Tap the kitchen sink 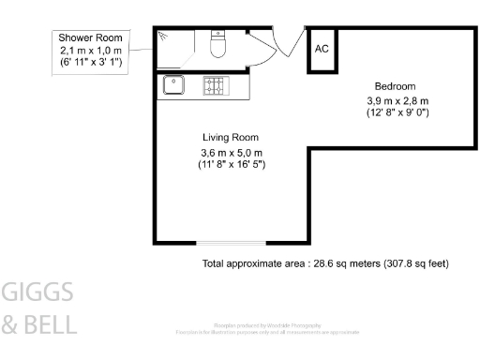coord(174,84)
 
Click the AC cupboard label coord(322,49)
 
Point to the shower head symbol coord(164,36)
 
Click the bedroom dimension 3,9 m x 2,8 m coord(397,100)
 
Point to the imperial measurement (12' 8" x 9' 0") coord(397,112)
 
